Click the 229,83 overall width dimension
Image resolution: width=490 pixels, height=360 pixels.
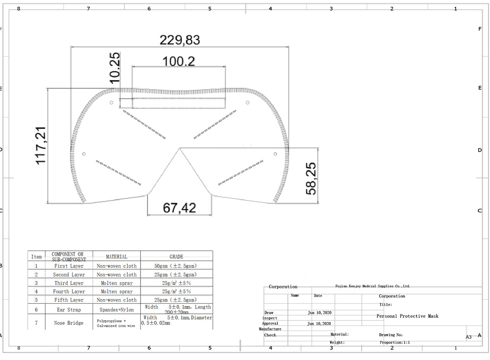point(180,40)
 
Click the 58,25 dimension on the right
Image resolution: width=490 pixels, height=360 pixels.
point(311,179)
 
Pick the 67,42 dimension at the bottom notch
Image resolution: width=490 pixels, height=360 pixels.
point(179,208)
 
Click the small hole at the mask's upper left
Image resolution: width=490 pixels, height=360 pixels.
point(111,103)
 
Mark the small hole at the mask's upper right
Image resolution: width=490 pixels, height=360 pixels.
point(248,102)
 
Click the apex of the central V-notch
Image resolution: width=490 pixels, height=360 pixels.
point(180,148)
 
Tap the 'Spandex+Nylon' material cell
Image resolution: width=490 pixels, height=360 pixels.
point(117,310)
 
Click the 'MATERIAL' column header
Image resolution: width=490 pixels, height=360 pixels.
point(117,257)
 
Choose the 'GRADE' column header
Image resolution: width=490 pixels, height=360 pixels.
point(176,257)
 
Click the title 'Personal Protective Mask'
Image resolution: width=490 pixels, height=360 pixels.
point(407,316)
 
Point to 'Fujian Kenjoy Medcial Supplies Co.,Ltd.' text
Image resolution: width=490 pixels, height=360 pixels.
point(372,285)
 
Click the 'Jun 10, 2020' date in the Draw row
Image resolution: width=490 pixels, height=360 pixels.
point(319,312)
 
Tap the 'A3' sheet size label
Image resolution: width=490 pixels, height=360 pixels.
point(468,337)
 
